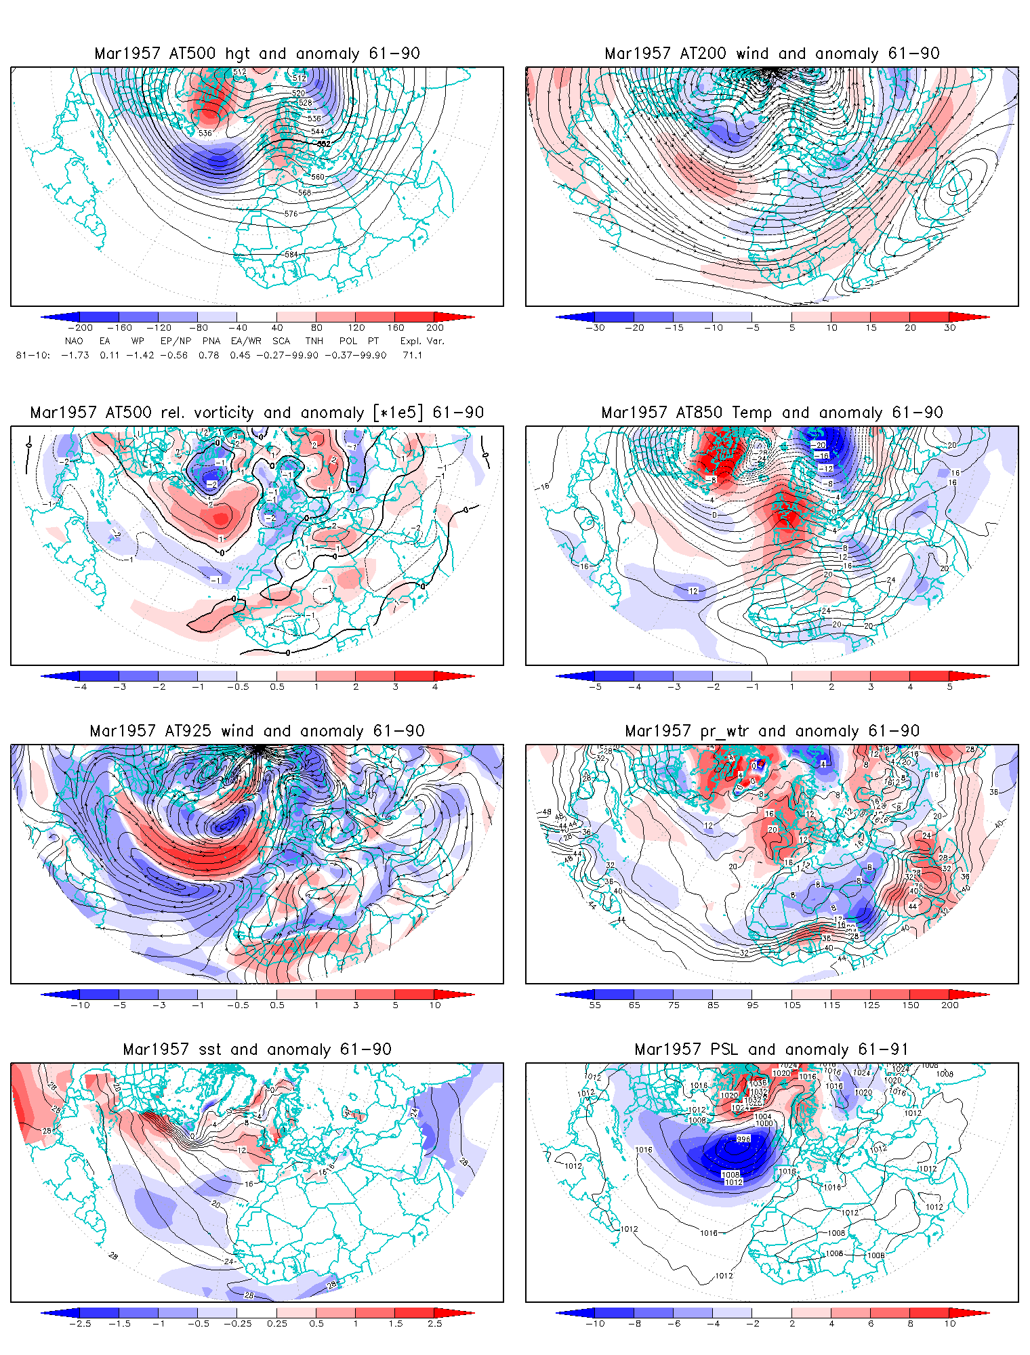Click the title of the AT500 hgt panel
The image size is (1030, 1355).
pyautogui.click(x=257, y=54)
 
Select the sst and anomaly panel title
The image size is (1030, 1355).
pyautogui.click(x=257, y=1049)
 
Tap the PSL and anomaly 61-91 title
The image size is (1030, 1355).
pyautogui.click(x=772, y=1049)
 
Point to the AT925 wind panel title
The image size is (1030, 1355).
pyautogui.click(x=257, y=731)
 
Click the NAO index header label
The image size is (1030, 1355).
pyautogui.click(x=74, y=341)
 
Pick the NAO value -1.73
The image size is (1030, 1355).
pyautogui.click(x=75, y=355)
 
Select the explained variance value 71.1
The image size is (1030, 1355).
pyautogui.click(x=412, y=355)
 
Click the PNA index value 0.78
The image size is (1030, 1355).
pyautogui.click(x=209, y=355)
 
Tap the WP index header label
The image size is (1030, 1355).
pyautogui.click(x=138, y=341)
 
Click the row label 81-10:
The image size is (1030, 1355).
pyautogui.click(x=33, y=355)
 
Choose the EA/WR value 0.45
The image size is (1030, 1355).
pyautogui.click(x=240, y=355)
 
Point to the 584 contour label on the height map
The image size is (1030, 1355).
pyautogui.click(x=291, y=255)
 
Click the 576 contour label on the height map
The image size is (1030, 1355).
pyautogui.click(x=291, y=213)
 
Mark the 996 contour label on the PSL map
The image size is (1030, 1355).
pyautogui.click(x=743, y=1139)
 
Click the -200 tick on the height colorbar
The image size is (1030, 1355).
pyautogui.click(x=80, y=328)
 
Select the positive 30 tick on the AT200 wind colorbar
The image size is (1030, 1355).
pyautogui.click(x=950, y=328)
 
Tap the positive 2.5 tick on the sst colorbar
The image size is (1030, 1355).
pyautogui.click(x=435, y=1324)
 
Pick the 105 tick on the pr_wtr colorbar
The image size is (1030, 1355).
pyautogui.click(x=792, y=1005)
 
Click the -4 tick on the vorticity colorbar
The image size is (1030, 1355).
pyautogui.click(x=80, y=687)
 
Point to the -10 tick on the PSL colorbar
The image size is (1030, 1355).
pyautogui.click(x=595, y=1324)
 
